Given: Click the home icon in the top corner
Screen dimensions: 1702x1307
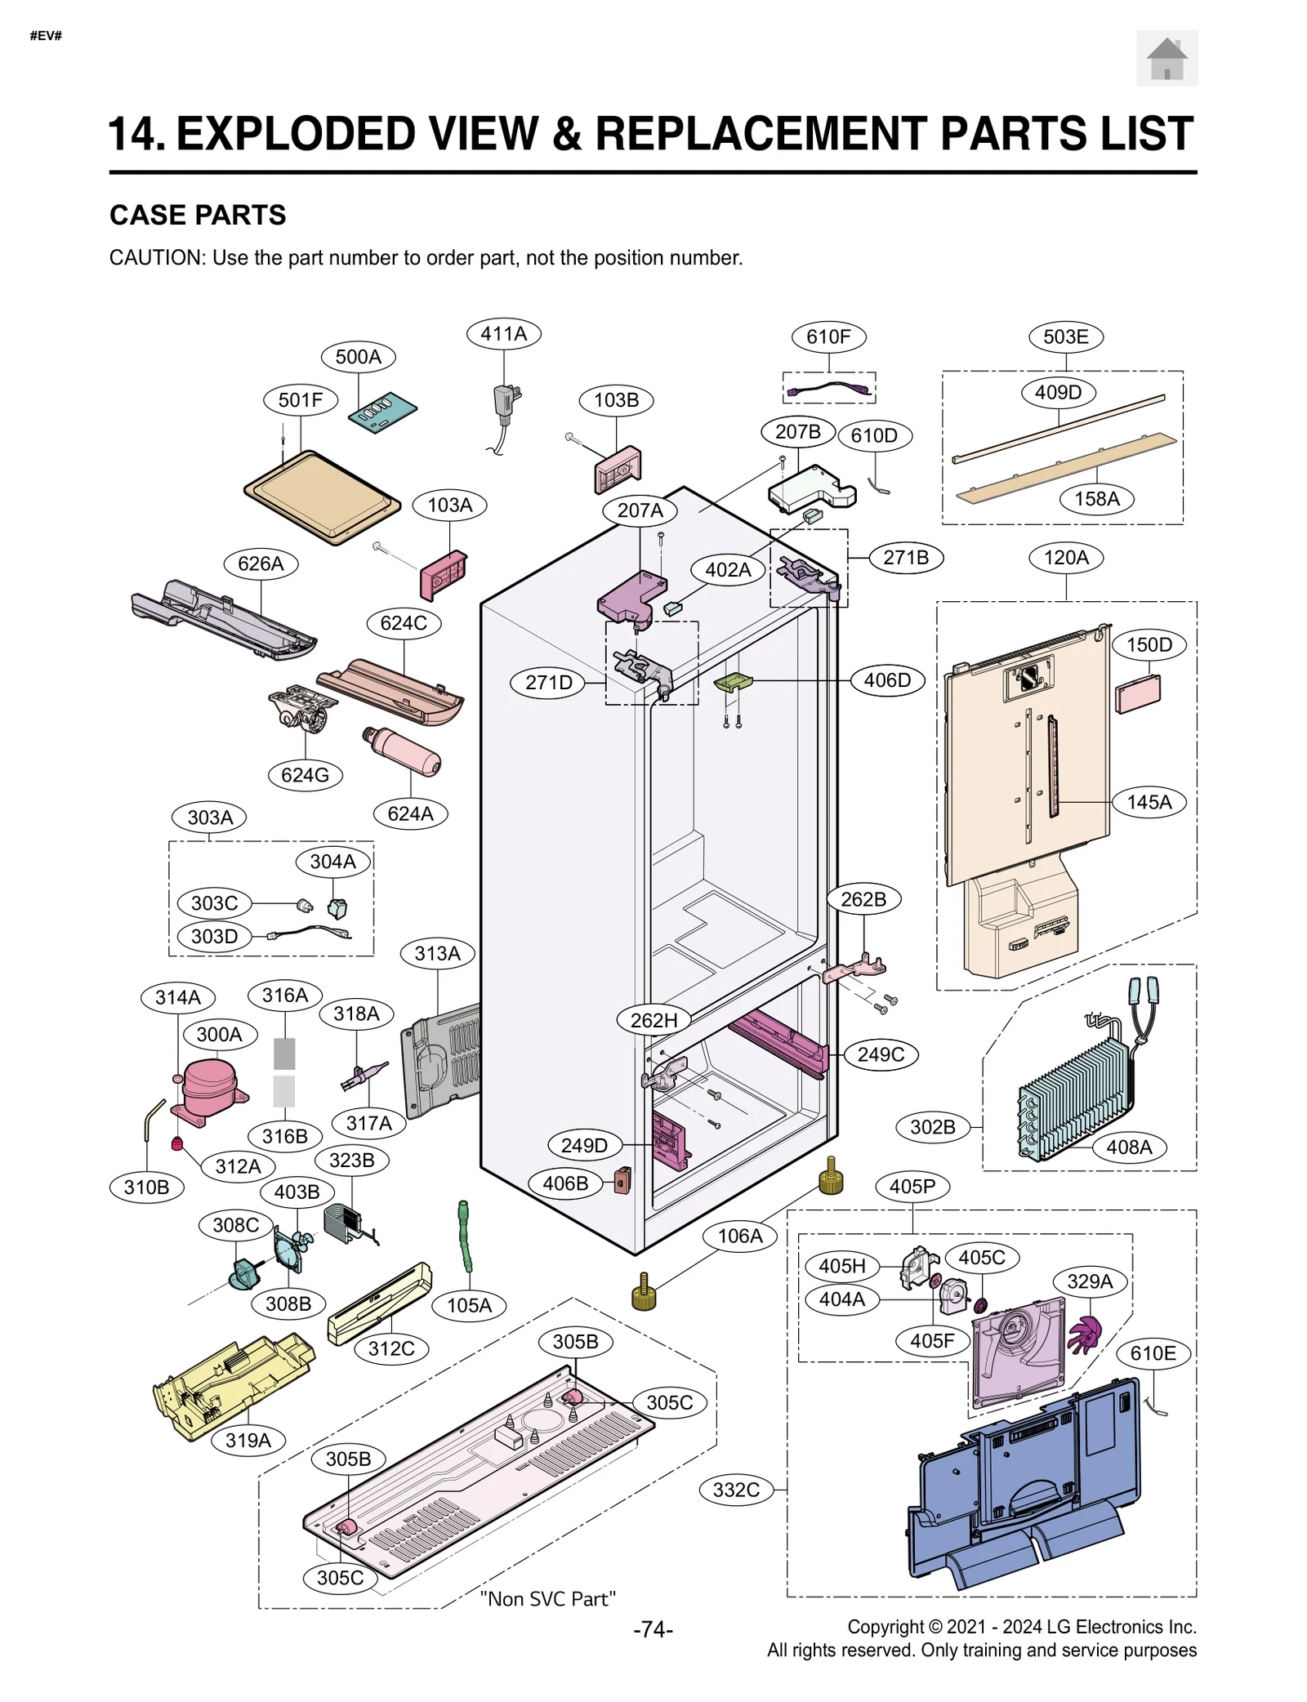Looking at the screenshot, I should (1166, 58).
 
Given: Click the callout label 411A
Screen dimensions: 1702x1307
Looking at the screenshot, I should (503, 334).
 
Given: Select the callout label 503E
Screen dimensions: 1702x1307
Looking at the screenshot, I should (1065, 336).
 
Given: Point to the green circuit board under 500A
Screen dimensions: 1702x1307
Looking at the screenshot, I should (382, 412).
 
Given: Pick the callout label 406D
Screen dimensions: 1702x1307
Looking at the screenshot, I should (887, 679).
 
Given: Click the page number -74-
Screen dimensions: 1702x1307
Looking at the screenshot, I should (653, 1629).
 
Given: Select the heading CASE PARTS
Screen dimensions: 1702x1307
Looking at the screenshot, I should (198, 215).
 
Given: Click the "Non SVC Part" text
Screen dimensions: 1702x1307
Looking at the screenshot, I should (547, 1598).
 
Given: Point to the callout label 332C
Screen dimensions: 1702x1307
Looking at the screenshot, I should (736, 1490).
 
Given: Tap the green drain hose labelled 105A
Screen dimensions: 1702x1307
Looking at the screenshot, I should (466, 1236).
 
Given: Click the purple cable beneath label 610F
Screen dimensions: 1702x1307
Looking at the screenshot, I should (828, 389).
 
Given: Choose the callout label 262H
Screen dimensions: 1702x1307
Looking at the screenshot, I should (653, 1020).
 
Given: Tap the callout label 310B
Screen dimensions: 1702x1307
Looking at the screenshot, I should (146, 1187).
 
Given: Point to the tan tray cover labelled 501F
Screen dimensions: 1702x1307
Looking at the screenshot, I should (322, 496).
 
